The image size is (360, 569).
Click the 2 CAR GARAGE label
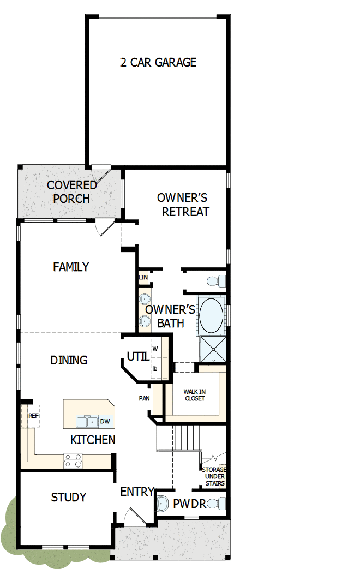click(158, 62)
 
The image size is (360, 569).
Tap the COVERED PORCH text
click(71, 192)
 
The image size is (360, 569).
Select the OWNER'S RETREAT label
click(183, 205)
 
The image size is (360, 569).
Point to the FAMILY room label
click(71, 267)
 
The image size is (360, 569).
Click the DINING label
click(69, 360)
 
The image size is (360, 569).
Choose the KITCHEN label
click(93, 440)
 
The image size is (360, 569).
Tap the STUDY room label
click(69, 497)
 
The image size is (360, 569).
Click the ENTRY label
click(137, 492)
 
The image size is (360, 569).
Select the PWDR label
click(189, 504)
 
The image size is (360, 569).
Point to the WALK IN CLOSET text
click(194, 395)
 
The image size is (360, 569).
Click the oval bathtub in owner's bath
click(211, 314)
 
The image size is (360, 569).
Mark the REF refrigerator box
click(34, 415)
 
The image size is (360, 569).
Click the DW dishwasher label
click(105, 422)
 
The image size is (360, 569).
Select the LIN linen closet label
click(143, 277)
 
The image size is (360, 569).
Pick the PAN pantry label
click(144, 398)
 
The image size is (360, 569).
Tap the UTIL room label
click(138, 356)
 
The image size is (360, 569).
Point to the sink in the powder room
click(162, 504)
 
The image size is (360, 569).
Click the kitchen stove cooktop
click(73, 460)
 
